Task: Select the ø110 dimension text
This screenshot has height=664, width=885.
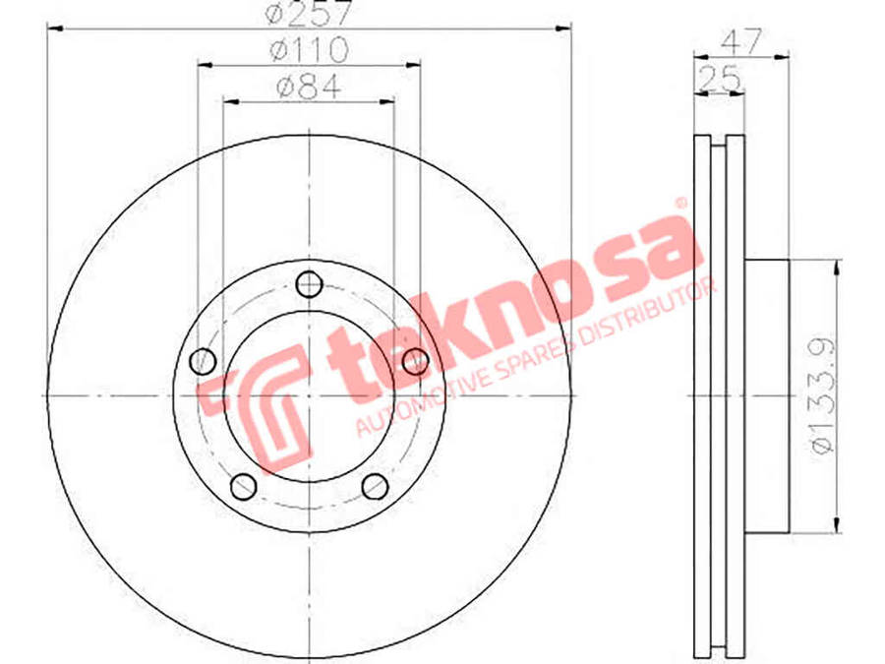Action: coord(310,50)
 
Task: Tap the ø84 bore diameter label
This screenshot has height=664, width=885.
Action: coord(310,88)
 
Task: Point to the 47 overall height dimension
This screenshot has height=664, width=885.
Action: coord(742,41)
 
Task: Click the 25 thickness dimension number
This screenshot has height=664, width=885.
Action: coord(719,79)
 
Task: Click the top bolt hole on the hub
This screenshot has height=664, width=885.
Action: coord(309,284)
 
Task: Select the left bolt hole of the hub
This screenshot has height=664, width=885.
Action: coord(203,361)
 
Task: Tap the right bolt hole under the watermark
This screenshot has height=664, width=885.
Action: coord(415,361)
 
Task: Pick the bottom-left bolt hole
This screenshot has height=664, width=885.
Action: coord(243,486)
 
